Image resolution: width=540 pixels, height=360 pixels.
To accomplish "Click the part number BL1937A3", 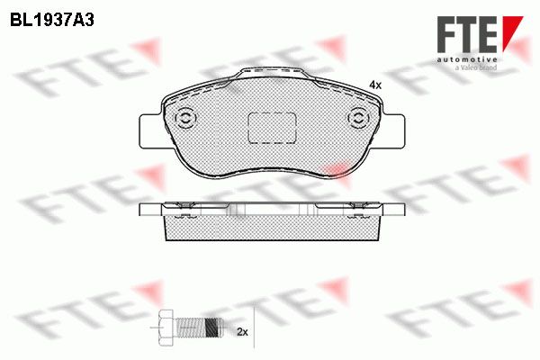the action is (x=52, y=21).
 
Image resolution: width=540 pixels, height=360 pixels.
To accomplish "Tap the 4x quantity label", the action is (x=375, y=85).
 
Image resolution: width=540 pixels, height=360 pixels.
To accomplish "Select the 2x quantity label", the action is (x=242, y=332).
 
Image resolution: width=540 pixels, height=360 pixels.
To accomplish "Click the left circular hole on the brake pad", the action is (x=185, y=118).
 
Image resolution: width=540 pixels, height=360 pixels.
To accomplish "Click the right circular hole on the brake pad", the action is (x=358, y=118).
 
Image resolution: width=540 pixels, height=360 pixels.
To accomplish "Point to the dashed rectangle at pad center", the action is (x=272, y=128).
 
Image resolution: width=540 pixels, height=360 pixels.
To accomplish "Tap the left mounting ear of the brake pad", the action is (x=150, y=131).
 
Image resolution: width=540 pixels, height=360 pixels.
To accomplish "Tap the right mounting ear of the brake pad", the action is (x=394, y=131).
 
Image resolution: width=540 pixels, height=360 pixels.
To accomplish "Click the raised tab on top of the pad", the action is (x=272, y=73).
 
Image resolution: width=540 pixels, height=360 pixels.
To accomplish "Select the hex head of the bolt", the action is (x=166, y=327).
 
